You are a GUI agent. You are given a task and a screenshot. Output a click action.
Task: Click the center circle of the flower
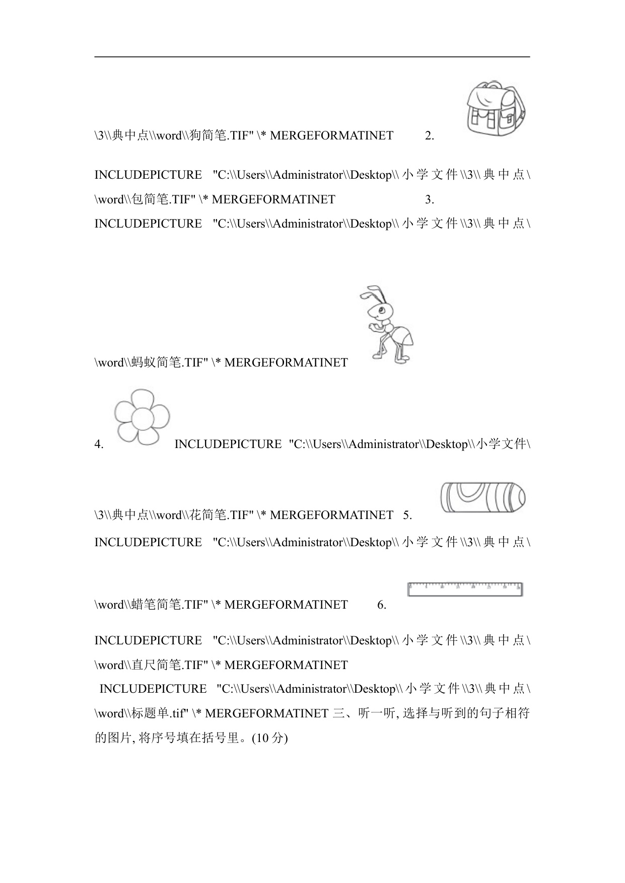coord(142,418)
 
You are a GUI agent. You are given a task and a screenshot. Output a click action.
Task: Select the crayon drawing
coord(482,497)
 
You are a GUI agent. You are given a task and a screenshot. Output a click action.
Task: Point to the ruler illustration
coord(465,590)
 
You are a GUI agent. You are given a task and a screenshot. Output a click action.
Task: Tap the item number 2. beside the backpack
coord(430,136)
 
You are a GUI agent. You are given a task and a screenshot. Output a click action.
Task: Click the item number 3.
coord(430,200)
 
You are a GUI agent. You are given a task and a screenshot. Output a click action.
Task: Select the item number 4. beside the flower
coord(99,445)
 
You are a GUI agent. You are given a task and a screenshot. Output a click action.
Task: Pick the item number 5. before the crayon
coord(407,516)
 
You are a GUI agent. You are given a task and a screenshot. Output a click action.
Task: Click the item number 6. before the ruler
coord(382,605)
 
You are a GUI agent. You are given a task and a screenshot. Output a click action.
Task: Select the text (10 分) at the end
coord(269,739)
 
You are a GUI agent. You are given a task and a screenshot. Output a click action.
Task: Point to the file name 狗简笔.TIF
coord(221,136)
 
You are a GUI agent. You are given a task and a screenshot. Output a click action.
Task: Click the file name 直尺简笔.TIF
coord(169,666)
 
